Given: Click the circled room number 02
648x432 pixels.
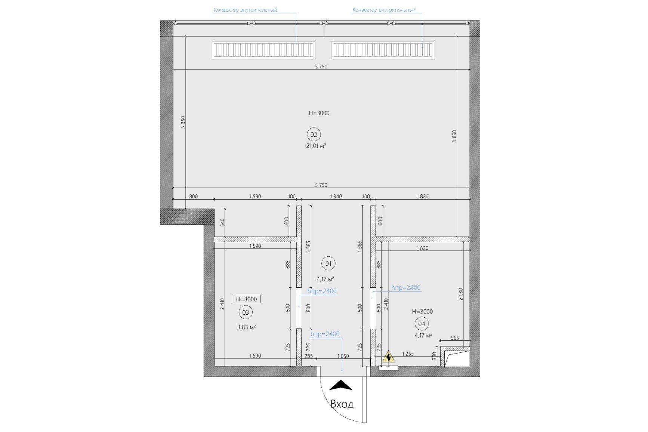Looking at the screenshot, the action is click(x=314, y=135).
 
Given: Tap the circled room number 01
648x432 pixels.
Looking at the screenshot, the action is click(x=328, y=263).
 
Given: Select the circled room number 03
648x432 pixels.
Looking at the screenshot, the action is click(x=246, y=312).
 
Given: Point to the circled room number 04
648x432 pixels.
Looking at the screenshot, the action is click(x=422, y=324).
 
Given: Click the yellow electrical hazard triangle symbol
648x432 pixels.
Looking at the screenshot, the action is click(x=388, y=357).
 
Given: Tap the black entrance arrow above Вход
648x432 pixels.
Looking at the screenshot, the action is click(x=340, y=385).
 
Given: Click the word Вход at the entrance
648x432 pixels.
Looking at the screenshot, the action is click(x=342, y=404).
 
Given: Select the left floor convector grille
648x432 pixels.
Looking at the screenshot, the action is click(x=263, y=50).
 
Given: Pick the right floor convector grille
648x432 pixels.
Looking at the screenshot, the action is click(x=383, y=50).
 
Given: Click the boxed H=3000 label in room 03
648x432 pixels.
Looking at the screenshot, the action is click(x=247, y=299).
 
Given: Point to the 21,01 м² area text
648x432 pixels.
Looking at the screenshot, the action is click(x=316, y=146).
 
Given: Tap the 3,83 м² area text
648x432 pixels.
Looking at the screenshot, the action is click(x=246, y=327).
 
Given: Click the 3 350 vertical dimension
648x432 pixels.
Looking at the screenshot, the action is click(x=183, y=122).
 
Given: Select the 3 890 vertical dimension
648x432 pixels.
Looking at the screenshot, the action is click(x=454, y=136).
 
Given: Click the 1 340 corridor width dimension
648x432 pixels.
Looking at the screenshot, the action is click(x=336, y=196).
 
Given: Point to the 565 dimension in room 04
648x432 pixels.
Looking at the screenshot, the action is click(x=455, y=338).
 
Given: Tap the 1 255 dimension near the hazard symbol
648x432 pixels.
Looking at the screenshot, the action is click(x=408, y=354).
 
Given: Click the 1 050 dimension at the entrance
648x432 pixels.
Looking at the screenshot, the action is click(x=343, y=356).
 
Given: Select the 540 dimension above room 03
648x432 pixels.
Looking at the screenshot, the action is click(x=223, y=223).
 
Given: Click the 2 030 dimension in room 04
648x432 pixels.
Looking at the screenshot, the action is click(x=461, y=294).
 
